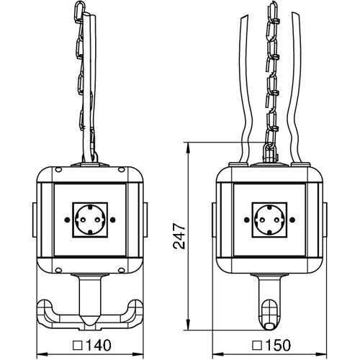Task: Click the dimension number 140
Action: pos(99,345)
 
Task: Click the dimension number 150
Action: pos(278,345)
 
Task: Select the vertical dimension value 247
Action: pos(179,236)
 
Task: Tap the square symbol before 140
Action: pos(78,346)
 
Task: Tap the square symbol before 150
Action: pos(257,346)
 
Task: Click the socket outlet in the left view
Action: pos(90,220)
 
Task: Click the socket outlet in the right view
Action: pos(269,220)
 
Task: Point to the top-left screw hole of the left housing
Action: pos(58,170)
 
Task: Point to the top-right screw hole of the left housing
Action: pos(122,170)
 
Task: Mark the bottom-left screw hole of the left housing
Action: pos(58,270)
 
